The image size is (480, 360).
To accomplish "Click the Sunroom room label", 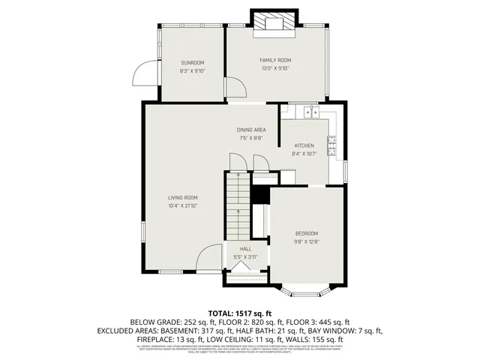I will pyautogui.click(x=192, y=63).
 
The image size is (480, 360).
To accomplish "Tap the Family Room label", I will pyautogui.click(x=275, y=60).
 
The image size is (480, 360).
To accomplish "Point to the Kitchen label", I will pyautogui.click(x=304, y=145).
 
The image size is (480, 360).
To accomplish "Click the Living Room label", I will pyautogui.click(x=182, y=197).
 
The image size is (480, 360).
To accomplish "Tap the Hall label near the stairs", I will pyautogui.click(x=245, y=249).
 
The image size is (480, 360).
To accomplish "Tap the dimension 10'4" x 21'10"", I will pyautogui.click(x=182, y=205).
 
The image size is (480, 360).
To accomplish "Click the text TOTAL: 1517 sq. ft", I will pyautogui.click(x=239, y=313).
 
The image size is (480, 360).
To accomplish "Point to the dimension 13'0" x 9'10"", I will pyautogui.click(x=275, y=68).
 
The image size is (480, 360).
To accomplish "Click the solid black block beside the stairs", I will pyautogui.click(x=260, y=194).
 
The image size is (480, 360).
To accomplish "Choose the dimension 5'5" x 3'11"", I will pyautogui.click(x=245, y=257).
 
